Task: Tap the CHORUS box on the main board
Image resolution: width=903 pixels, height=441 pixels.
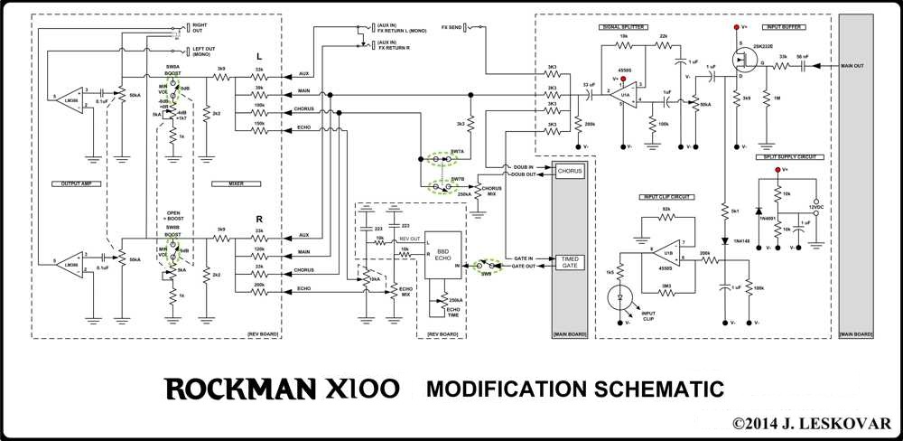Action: (570, 170)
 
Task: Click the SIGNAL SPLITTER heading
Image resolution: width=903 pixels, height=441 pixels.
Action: (622, 27)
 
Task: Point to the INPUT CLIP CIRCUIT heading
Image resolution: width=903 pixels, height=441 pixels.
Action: (666, 195)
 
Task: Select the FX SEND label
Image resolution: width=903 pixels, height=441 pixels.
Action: (452, 28)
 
